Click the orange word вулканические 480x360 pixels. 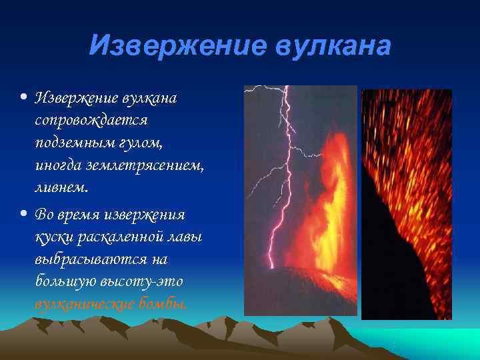coord(84,304)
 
